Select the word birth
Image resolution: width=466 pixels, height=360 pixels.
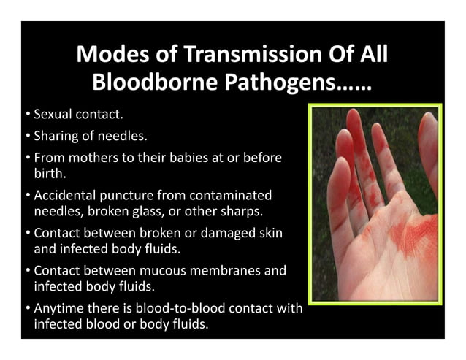(48, 174)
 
